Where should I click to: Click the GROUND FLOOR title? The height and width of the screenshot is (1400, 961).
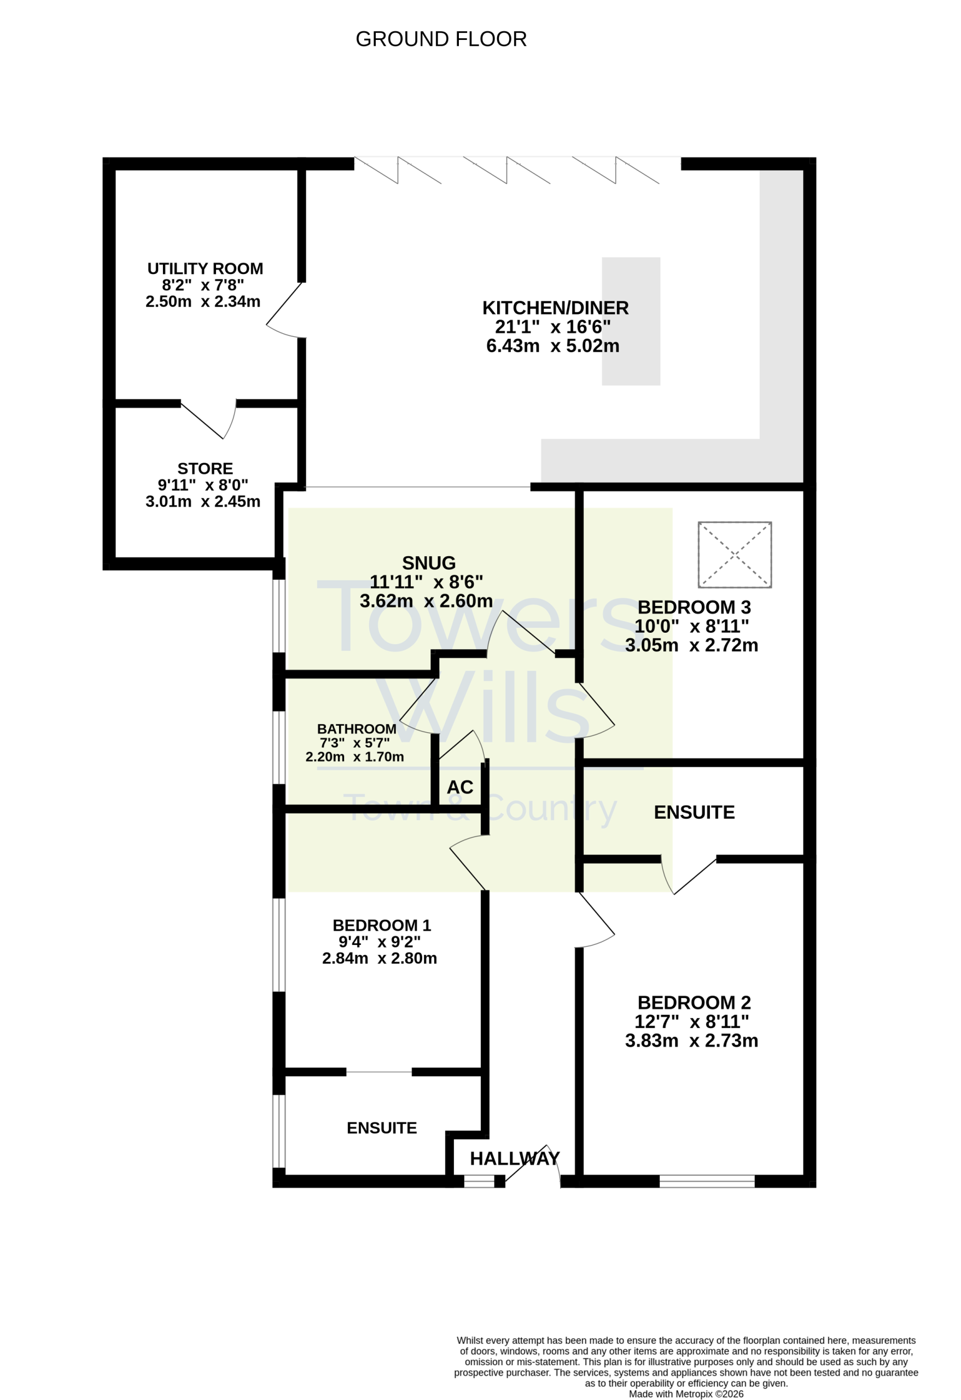tap(441, 39)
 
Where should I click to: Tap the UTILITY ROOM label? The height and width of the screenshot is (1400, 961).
tap(205, 269)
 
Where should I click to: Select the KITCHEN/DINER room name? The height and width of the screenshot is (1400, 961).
tap(555, 308)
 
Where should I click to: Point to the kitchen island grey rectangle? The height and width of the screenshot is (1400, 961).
tap(631, 321)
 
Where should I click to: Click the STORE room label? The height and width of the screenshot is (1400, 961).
tap(205, 469)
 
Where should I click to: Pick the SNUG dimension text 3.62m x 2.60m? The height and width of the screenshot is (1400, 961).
tap(426, 600)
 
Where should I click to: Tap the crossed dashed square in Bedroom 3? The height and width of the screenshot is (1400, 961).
tap(735, 555)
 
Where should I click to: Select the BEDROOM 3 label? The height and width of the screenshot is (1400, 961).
tap(694, 607)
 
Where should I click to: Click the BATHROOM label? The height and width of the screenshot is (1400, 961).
tap(357, 729)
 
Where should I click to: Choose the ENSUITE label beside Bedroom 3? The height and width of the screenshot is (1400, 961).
tap(694, 812)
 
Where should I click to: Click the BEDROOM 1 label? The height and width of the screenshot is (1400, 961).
tap(381, 925)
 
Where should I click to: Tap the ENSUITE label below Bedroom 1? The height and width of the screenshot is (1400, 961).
tap(381, 1128)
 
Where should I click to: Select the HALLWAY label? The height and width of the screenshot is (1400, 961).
tap(515, 1158)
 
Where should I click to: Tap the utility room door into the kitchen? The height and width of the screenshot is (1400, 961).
tap(286, 310)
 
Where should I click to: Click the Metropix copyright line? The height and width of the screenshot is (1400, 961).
tap(686, 1394)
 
